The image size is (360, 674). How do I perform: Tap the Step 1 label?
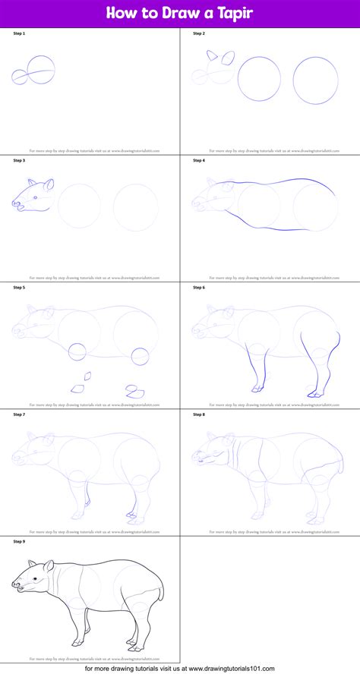point(20,34)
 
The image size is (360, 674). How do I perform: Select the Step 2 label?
point(199,34)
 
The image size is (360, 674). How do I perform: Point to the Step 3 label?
point(20,160)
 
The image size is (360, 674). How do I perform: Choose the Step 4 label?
point(199,160)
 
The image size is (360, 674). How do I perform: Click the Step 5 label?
point(20,288)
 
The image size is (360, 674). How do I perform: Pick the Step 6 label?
point(199,288)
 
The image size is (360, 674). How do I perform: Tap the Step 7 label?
point(20,414)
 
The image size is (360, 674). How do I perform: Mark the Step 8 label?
point(199,414)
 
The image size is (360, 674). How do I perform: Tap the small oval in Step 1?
point(20,76)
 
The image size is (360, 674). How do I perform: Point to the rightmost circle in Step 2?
point(315,80)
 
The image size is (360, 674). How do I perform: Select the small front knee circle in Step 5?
point(77,351)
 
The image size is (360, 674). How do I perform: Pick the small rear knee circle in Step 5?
point(140,355)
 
